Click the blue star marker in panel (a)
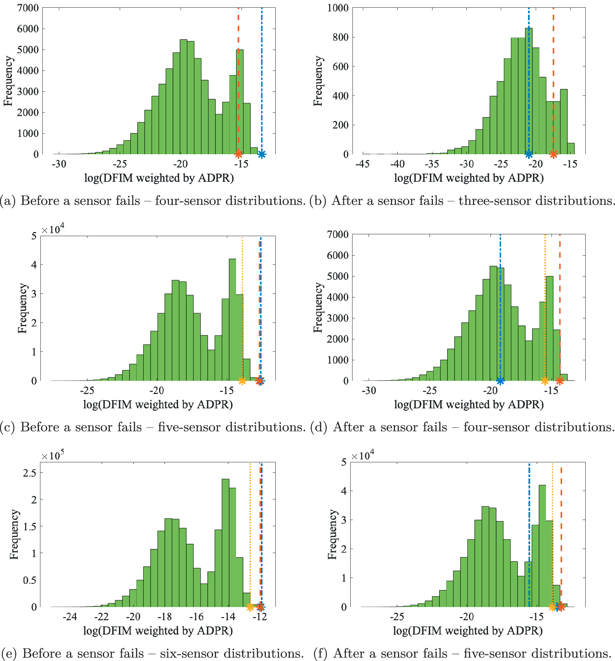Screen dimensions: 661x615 pyautogui.click(x=261, y=154)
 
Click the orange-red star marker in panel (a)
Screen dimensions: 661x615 pyautogui.click(x=238, y=154)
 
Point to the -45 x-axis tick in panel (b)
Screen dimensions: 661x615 pyautogui.click(x=363, y=164)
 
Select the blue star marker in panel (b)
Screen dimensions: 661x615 pyautogui.click(x=529, y=154)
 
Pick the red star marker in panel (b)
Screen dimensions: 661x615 pyautogui.click(x=553, y=154)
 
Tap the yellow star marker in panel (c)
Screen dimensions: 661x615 pyautogui.click(x=242, y=381)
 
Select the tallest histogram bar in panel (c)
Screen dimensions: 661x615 pyautogui.click(x=232, y=319)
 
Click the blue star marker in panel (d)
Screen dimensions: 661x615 pyautogui.click(x=500, y=381)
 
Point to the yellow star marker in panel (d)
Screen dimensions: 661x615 pyautogui.click(x=545, y=381)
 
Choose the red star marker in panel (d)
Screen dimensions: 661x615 pyautogui.click(x=560, y=381)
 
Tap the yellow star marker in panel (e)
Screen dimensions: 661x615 pyautogui.click(x=250, y=607)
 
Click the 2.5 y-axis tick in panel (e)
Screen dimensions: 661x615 pyautogui.click(x=30, y=473)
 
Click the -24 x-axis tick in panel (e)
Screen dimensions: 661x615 pyautogui.click(x=70, y=617)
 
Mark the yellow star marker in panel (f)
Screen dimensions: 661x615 pyautogui.click(x=552, y=607)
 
